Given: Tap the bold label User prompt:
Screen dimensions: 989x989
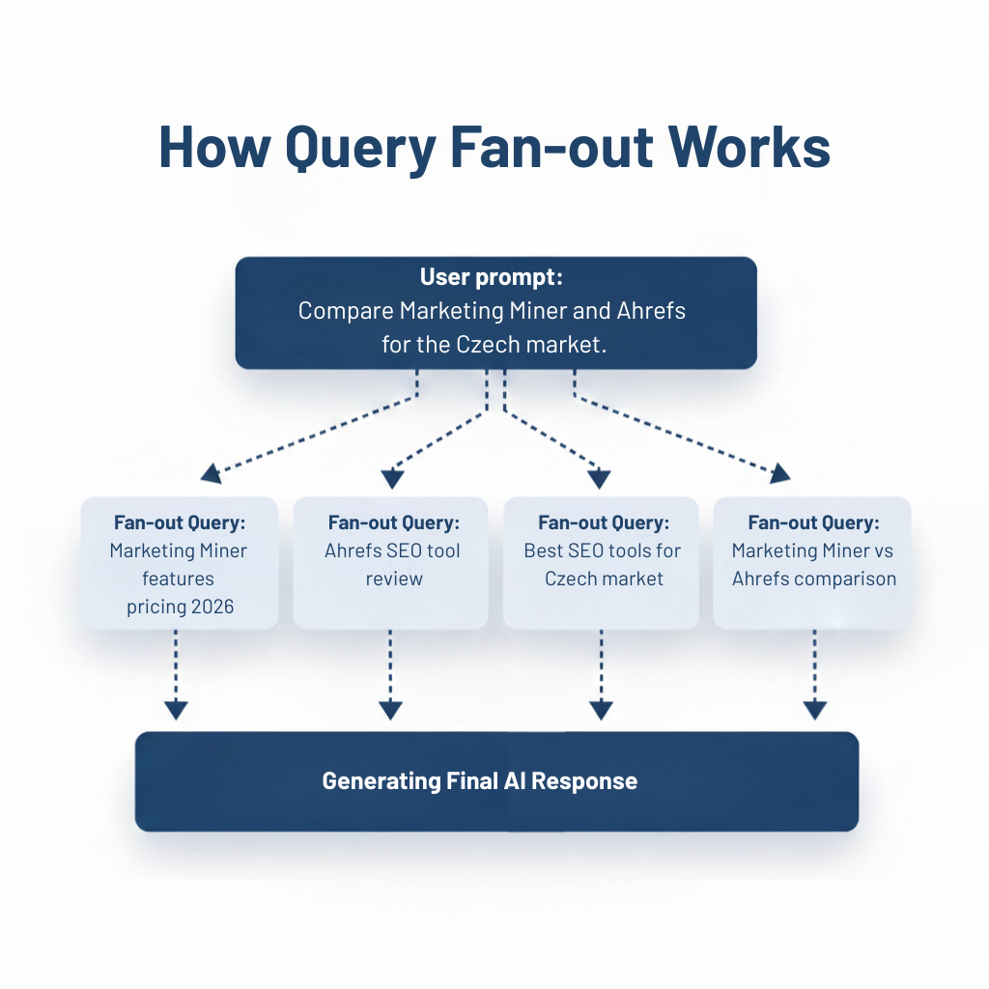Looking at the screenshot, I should [491, 278].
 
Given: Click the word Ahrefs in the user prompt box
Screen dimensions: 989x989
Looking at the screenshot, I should [651, 311].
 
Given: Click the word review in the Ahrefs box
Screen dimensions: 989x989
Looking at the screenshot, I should [394, 579].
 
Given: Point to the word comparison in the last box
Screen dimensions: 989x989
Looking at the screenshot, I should [849, 579].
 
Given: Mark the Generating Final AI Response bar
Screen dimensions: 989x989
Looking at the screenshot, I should [496, 781].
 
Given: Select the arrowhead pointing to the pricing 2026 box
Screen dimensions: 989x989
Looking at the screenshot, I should [210, 473].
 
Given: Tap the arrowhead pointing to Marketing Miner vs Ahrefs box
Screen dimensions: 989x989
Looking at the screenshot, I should [779, 472].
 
